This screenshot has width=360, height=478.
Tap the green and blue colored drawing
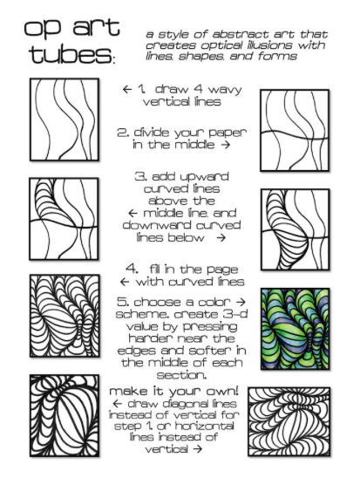pyautogui.click(x=295, y=329)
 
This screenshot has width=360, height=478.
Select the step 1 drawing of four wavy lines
pyautogui.click(x=65, y=119)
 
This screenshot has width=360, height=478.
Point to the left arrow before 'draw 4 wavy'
pyautogui.click(x=127, y=89)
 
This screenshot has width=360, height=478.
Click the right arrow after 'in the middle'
pyautogui.click(x=225, y=145)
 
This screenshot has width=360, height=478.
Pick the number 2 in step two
pyautogui.click(x=123, y=133)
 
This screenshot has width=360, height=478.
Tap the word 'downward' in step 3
pyautogui.click(x=157, y=225)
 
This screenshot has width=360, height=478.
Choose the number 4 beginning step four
pyautogui.click(x=132, y=269)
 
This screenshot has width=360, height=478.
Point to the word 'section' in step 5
pyautogui.click(x=181, y=375)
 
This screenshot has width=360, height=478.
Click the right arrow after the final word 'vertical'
pyautogui.click(x=198, y=449)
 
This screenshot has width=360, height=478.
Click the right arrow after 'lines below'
pyautogui.click(x=221, y=237)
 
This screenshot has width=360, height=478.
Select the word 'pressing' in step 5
pyautogui.click(x=210, y=327)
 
